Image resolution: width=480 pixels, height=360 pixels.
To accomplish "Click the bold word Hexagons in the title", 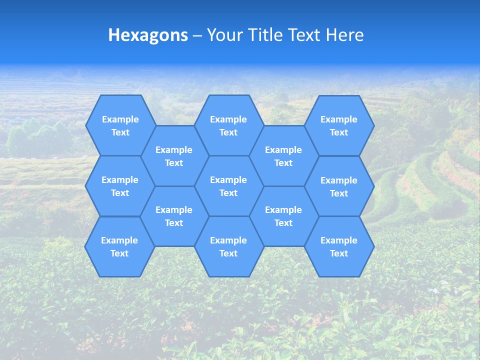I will point(148,35).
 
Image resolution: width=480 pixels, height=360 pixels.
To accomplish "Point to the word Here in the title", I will point(345,35).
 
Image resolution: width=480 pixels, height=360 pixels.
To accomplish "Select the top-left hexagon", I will point(120,125).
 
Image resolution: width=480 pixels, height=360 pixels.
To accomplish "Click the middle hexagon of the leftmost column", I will point(120,186).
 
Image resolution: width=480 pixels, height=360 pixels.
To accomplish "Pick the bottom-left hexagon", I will point(119,246).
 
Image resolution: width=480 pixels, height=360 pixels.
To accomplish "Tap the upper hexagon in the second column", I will point(174,156).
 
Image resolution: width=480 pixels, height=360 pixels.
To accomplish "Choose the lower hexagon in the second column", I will point(174,216).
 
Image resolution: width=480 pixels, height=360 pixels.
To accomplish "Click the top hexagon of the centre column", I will point(228,125).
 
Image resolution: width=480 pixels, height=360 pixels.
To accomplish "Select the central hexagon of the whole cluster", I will point(228,186).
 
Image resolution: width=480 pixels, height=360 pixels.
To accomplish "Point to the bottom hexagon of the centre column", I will point(228,246).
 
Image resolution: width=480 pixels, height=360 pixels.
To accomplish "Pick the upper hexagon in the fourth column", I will point(283,156).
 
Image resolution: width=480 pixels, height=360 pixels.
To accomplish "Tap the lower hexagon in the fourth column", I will point(283,216).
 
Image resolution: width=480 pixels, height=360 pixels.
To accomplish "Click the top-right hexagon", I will point(339,125).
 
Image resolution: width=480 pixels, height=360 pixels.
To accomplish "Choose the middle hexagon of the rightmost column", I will point(339,186).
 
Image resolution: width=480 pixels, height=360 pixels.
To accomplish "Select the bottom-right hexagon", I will point(339,246).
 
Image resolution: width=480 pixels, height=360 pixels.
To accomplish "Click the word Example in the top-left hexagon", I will point(120,119).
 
